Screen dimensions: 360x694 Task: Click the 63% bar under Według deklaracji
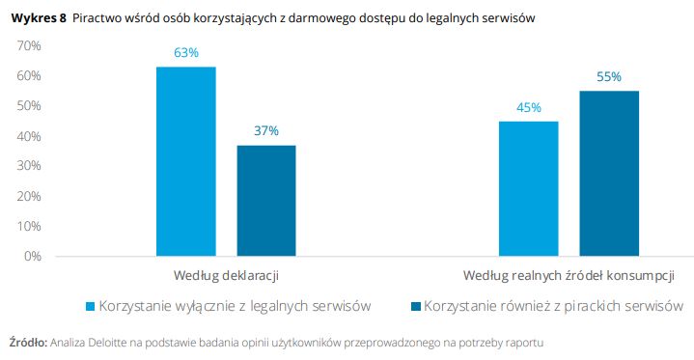[186, 161]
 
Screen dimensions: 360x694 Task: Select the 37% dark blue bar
[266, 201]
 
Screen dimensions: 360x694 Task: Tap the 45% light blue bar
[528, 188]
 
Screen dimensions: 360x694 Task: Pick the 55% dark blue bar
[608, 174]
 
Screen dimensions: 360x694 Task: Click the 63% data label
[186, 53]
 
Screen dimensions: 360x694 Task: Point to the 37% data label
[266, 130]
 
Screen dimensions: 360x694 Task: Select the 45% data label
[528, 107]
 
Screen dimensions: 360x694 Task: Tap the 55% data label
[608, 77]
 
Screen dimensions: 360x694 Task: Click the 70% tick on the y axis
[29, 46]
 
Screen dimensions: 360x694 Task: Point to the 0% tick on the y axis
[33, 256]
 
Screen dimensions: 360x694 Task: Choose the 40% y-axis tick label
[29, 136]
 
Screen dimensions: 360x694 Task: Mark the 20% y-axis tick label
[29, 196]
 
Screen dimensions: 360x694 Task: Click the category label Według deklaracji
[226, 276]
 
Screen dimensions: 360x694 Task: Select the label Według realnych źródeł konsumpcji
[569, 276]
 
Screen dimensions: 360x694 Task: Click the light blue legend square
[90, 306]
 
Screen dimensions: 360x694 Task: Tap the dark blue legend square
[415, 306]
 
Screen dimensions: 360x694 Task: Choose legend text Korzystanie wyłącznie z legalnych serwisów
[235, 306]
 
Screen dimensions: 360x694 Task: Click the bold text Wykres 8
[38, 18]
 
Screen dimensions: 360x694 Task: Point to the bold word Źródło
[27, 342]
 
